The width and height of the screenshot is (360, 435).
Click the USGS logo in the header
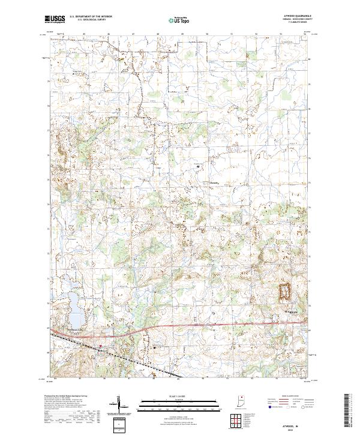(55, 19)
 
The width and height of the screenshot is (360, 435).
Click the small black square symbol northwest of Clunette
(197, 166)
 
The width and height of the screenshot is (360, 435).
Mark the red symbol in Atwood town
(100, 346)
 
